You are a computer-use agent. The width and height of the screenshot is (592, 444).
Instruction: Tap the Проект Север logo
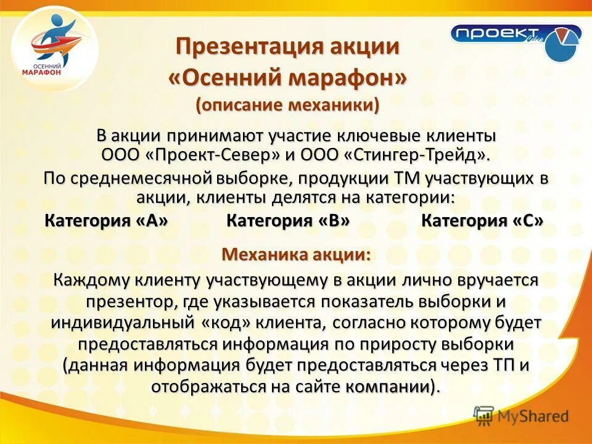pyautogui.click(x=516, y=40)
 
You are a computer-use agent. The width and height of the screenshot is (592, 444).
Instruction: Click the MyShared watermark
pyautogui.click(x=521, y=416)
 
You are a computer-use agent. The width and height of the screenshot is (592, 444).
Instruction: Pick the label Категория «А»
pyautogui.click(x=107, y=221)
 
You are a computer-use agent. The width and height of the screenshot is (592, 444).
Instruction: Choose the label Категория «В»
pyautogui.click(x=288, y=221)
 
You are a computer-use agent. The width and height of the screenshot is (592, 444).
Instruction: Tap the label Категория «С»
pyautogui.click(x=482, y=221)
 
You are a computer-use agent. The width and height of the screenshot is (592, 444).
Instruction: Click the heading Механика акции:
pyautogui.click(x=297, y=254)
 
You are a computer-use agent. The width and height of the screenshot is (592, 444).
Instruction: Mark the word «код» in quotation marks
pyautogui.click(x=224, y=323)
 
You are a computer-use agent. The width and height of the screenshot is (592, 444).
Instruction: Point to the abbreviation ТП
pyautogui.click(x=503, y=365)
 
